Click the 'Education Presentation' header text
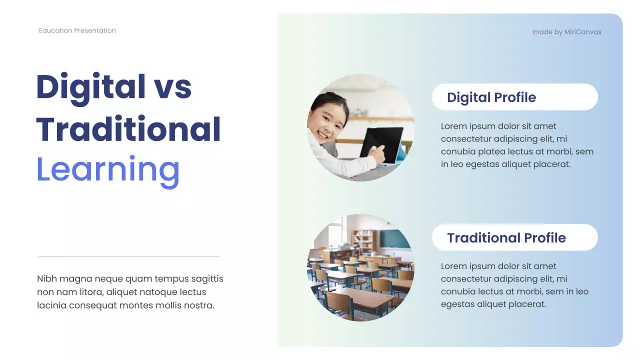click(x=77, y=30)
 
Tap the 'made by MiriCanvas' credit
click(x=566, y=32)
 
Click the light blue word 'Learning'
click(x=108, y=169)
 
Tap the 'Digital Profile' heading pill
click(x=514, y=97)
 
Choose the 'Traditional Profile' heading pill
click(x=514, y=237)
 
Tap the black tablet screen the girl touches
click(x=381, y=143)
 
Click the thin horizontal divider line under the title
click(x=128, y=257)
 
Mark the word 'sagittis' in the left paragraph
click(x=206, y=279)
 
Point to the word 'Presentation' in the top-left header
click(x=95, y=30)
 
